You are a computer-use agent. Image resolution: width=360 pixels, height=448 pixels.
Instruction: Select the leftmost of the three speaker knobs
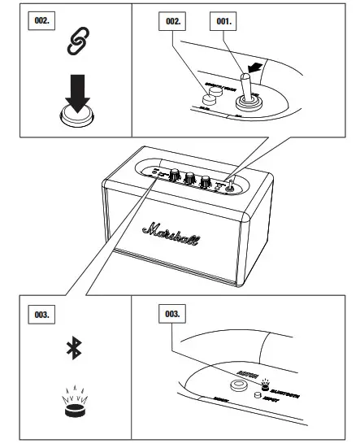point(174,175)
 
